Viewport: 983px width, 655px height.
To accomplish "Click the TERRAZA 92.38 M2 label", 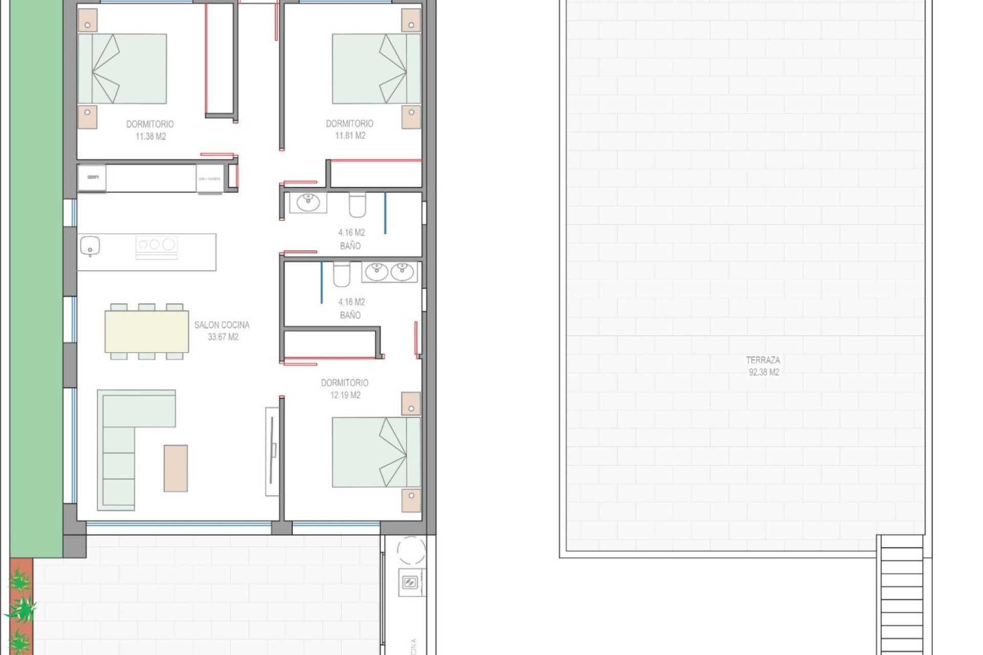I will (763, 366).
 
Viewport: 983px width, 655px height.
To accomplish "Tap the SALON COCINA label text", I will (222, 325).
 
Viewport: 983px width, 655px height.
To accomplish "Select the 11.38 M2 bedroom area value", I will (151, 137).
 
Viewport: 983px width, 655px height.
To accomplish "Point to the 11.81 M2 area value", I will (350, 136).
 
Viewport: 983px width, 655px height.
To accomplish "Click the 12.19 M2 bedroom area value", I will (345, 395).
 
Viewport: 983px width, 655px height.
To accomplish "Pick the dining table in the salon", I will (146, 332).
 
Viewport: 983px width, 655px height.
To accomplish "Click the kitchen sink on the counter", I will (90, 247).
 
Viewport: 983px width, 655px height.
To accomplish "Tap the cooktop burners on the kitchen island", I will (156, 245).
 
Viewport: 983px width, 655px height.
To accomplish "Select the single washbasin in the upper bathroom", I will (308, 202).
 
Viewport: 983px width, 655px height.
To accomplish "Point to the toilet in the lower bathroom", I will (341, 274).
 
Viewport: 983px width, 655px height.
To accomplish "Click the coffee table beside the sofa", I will (176, 468).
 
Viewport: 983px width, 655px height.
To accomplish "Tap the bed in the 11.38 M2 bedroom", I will (122, 69).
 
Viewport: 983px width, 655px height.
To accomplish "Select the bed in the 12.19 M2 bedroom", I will (376, 452).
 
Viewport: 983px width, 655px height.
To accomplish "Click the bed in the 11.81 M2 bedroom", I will (376, 69).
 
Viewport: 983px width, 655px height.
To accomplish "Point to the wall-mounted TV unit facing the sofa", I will (272, 451).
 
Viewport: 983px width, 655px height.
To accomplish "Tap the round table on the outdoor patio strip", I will (411, 551).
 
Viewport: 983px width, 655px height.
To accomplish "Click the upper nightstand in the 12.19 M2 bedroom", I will (411, 404).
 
